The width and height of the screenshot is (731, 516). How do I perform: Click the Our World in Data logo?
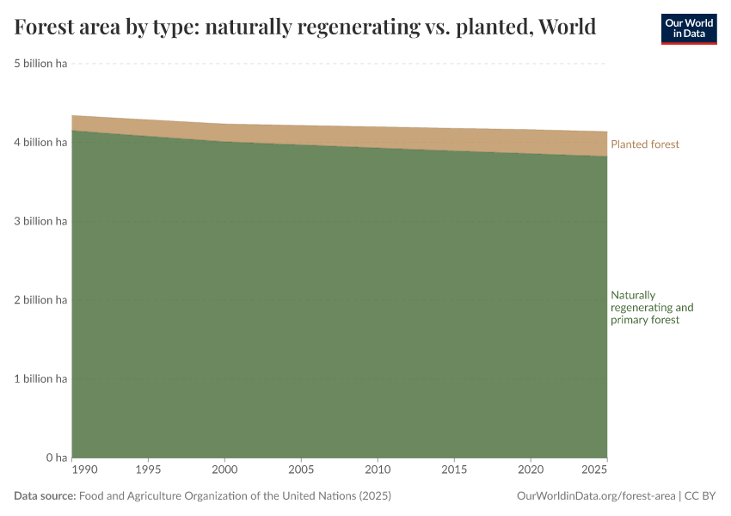tap(688, 28)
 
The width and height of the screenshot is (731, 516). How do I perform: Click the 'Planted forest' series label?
tap(644, 144)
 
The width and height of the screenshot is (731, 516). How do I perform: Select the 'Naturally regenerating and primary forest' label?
tap(652, 307)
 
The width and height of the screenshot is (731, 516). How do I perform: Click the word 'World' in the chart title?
tap(565, 28)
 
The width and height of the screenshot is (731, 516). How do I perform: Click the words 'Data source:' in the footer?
tap(45, 496)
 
